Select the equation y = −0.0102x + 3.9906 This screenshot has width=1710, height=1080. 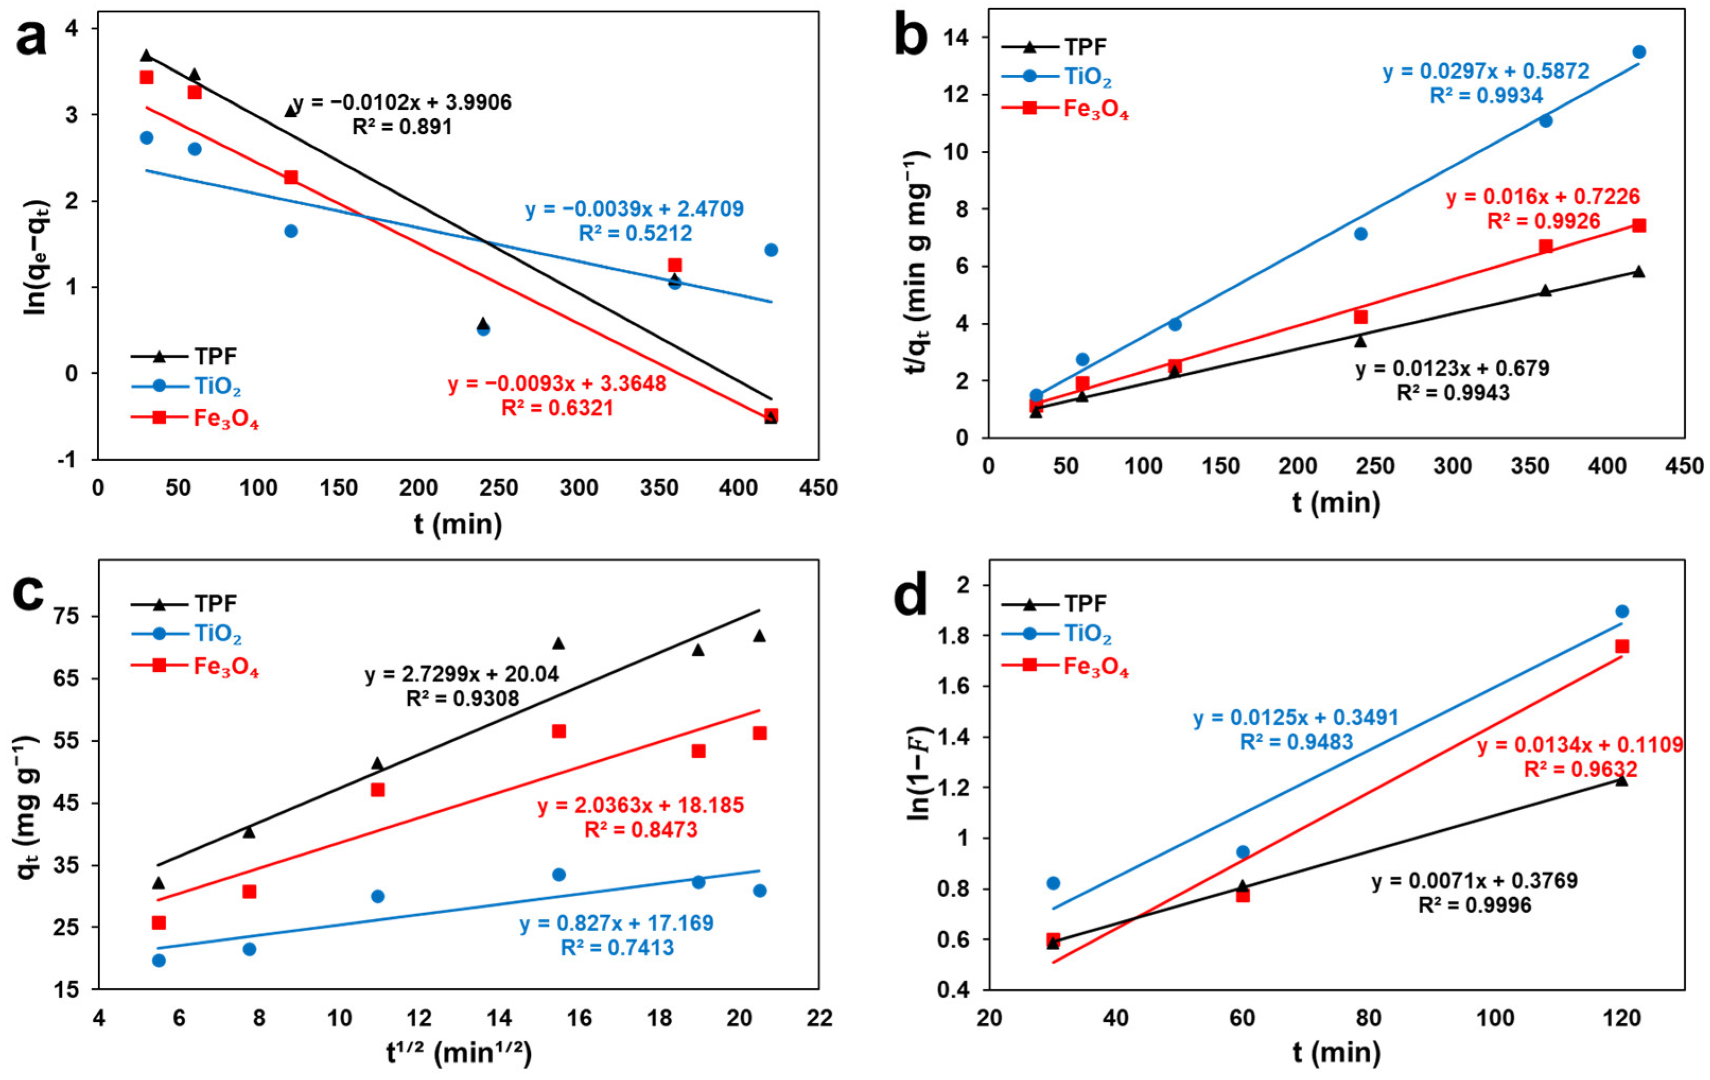(402, 103)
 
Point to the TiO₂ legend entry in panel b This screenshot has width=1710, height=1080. (1087, 77)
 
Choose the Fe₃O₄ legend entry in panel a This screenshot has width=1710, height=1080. (226, 419)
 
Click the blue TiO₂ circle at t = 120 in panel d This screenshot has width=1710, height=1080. (1622, 611)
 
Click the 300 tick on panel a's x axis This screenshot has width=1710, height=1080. (579, 488)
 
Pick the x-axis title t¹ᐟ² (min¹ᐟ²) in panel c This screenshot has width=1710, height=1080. (459, 1053)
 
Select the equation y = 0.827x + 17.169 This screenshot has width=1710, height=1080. (616, 923)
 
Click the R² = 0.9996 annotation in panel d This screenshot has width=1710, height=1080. (1475, 906)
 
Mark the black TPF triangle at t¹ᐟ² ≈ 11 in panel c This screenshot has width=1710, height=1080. (377, 763)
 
